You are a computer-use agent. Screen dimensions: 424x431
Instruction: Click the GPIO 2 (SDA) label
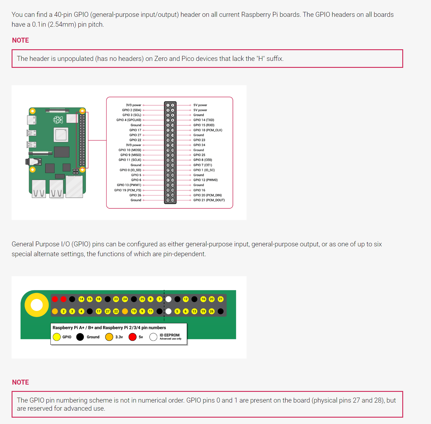tap(131, 110)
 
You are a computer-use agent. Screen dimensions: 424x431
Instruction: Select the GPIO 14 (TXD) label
tap(204, 120)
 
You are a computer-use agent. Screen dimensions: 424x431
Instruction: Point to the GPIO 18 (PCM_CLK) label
tap(208, 130)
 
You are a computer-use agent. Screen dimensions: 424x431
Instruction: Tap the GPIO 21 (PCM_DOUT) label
tap(209, 200)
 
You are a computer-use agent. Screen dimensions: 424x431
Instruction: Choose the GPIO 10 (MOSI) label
tap(130, 150)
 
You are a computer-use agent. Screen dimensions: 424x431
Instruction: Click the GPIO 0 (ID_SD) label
tap(130, 170)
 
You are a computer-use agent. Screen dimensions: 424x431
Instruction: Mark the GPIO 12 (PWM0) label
tap(205, 180)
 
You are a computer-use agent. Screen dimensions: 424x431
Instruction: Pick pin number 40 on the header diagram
tap(173, 200)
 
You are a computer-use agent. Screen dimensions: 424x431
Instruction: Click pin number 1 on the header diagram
tap(168, 105)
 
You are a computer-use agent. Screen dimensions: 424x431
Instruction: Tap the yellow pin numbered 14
tap(81, 299)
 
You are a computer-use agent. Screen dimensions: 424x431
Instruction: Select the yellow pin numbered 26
tap(212, 311)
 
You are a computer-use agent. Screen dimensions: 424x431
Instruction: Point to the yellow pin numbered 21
tap(221, 299)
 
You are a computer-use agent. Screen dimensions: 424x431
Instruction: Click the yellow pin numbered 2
tap(64, 311)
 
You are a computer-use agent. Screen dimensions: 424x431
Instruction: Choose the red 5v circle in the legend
tap(133, 337)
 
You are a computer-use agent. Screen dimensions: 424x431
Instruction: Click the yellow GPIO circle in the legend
tap(57, 337)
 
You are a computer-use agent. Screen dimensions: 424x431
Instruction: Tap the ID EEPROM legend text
tap(170, 335)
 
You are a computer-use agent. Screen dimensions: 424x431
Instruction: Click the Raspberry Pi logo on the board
tap(58, 119)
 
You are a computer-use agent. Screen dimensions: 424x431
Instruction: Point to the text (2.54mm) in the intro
tap(62, 24)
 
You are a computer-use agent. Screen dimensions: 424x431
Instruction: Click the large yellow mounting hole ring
tap(37, 305)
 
